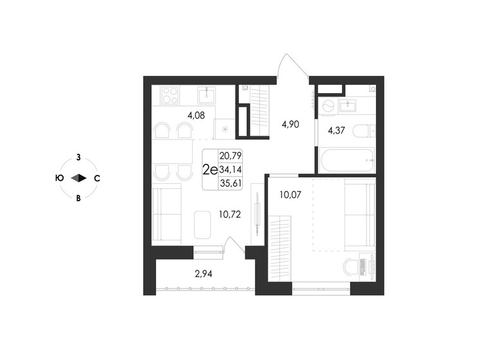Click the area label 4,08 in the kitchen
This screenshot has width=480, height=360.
[196, 116]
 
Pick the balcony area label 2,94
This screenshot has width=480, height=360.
[204, 273]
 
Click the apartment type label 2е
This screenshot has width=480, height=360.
[209, 170]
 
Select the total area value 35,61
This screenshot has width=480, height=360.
[231, 183]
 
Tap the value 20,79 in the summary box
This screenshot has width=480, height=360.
[231, 156]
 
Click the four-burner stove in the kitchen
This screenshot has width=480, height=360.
[170, 95]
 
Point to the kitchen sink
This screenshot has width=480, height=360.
[206, 96]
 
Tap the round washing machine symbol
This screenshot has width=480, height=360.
[327, 105]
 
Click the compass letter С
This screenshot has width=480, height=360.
[97, 178]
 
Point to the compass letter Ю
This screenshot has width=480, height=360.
[59, 178]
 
